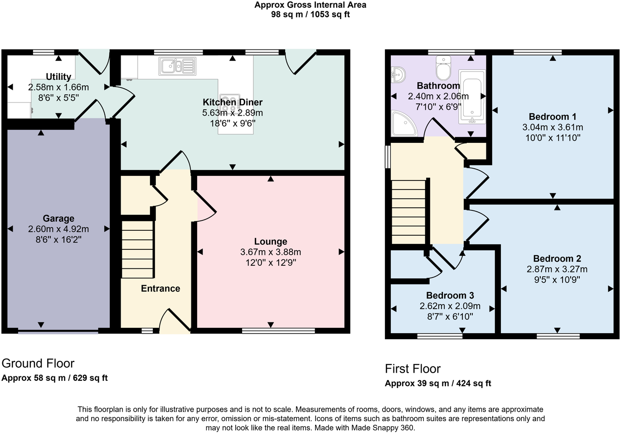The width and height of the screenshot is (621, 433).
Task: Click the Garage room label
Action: coord(58,219)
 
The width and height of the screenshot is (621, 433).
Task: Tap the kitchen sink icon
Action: coord(177,66)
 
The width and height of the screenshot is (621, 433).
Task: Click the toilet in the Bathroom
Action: coord(443,68)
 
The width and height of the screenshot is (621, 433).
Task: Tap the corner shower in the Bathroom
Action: coord(403,124)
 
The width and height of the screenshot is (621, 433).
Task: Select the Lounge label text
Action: coord(271,242)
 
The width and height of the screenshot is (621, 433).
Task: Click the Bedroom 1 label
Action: coord(552,117)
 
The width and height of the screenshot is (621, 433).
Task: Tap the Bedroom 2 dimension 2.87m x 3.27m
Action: coord(557,269)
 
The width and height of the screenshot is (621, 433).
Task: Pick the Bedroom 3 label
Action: coord(450,296)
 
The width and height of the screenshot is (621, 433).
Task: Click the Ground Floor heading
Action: coord(38,364)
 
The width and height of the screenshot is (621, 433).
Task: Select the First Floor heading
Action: coord(412,369)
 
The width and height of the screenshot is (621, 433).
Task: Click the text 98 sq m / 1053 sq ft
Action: coord(310,15)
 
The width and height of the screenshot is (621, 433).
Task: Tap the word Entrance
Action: coord(160,289)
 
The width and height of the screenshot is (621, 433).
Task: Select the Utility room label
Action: coord(58,77)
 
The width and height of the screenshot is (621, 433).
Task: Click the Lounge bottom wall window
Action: coord(278,331)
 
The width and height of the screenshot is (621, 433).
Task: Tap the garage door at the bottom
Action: coord(58,332)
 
